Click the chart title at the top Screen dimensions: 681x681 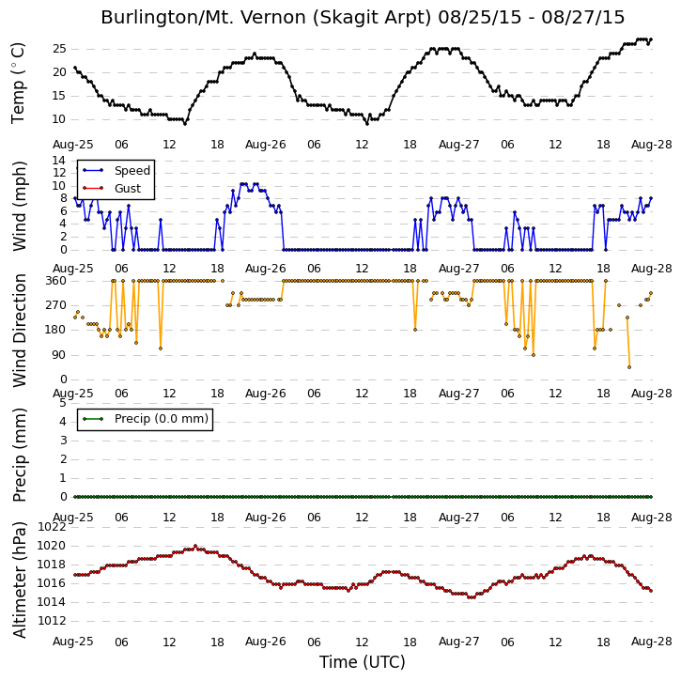coord(363,18)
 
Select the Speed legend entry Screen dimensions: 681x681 coord(116,171)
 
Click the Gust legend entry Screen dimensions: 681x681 coord(112,189)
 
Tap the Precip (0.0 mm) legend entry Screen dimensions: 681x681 coord(145,419)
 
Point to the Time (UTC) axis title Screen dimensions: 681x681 coord(363,662)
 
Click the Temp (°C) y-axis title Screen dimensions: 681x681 coord(18,83)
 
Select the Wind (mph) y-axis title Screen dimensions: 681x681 coord(19,206)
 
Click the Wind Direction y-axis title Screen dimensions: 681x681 coord(19,331)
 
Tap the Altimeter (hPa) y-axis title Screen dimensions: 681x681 coord(19,580)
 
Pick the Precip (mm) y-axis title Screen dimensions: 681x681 coord(19,456)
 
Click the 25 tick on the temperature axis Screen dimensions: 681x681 coord(59,49)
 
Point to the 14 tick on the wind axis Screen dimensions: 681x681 coord(59,161)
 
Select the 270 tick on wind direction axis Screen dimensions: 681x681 coord(56,305)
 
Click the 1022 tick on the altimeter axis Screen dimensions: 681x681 coord(52,527)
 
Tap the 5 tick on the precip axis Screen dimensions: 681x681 coord(64,403)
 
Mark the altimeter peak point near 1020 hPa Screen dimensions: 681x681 coord(195,546)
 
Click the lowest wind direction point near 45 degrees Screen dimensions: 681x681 coord(629,367)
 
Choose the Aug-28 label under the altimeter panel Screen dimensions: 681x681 coord(652,642)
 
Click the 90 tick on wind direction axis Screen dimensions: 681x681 coord(60,355)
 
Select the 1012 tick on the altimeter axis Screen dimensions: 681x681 coord(52,621)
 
